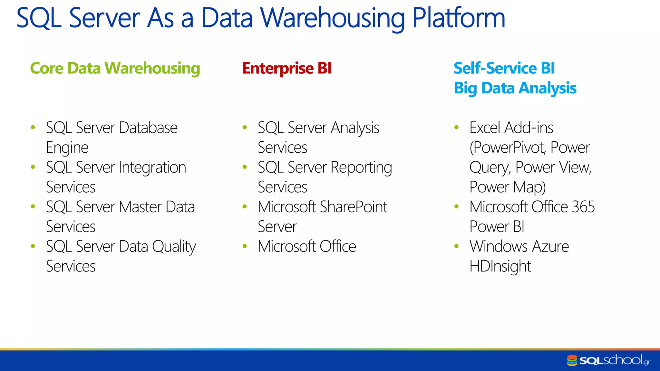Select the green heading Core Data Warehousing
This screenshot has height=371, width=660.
tap(115, 69)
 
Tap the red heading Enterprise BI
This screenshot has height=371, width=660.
tap(287, 69)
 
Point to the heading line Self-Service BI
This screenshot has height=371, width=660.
tap(504, 69)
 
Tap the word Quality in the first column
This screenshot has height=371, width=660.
tap(174, 247)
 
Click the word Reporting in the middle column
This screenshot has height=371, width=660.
tap(361, 168)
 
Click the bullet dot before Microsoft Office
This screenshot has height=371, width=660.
tap(245, 246)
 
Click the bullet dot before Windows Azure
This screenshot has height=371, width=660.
tap(456, 246)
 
